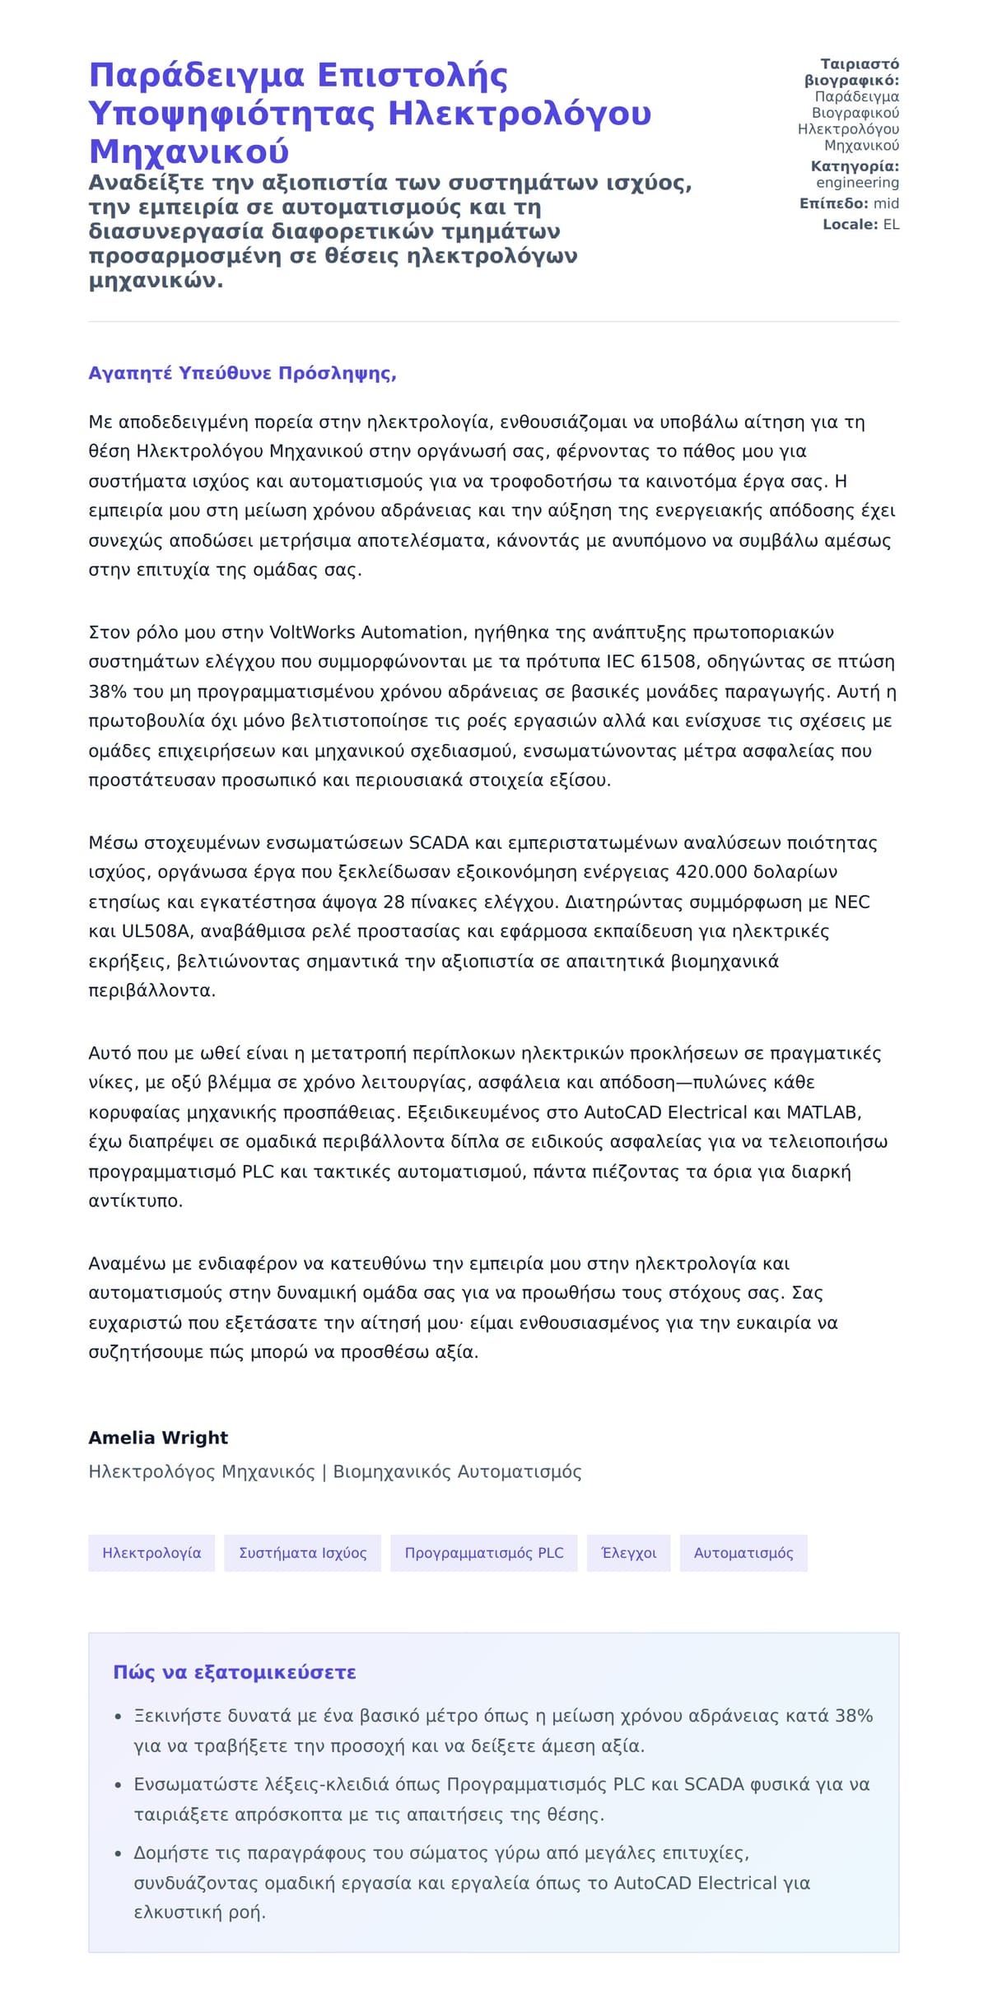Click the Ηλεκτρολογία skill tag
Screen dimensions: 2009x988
pos(151,1553)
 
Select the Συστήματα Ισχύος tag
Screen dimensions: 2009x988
pos(302,1553)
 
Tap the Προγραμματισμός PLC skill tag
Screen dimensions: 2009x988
pos(484,1553)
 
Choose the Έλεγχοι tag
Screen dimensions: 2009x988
pos(629,1553)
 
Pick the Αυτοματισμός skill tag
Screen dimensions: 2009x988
pos(743,1553)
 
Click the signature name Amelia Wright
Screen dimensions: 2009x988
pos(158,1438)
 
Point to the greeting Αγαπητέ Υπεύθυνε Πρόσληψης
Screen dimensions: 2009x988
pos(242,373)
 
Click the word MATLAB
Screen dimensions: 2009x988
pos(823,1112)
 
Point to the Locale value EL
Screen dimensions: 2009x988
pos(891,224)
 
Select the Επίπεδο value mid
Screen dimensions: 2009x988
pos(886,203)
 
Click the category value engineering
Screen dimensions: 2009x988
pos(857,183)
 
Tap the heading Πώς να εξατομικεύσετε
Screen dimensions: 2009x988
pos(234,1672)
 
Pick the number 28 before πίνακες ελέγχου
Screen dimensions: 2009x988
pos(394,902)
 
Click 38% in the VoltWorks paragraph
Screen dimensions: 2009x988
pos(105,692)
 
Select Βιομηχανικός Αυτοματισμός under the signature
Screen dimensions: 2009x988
pos(457,1471)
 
